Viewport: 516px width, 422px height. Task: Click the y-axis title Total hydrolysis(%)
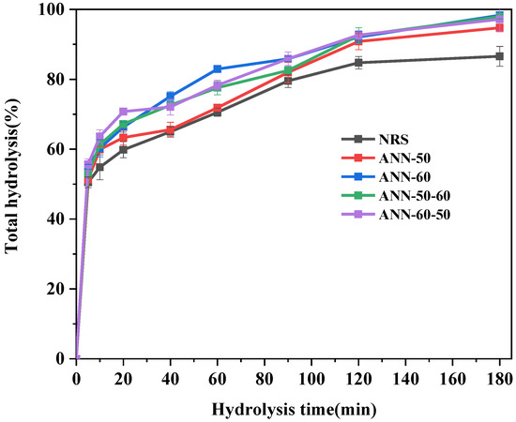(x=16, y=183)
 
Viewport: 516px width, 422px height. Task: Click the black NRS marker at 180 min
(x=499, y=56)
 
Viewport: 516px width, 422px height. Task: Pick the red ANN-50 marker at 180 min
(x=499, y=27)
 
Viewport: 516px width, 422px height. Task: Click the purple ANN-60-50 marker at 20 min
(x=124, y=112)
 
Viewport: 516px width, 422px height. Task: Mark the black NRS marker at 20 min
(x=124, y=150)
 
